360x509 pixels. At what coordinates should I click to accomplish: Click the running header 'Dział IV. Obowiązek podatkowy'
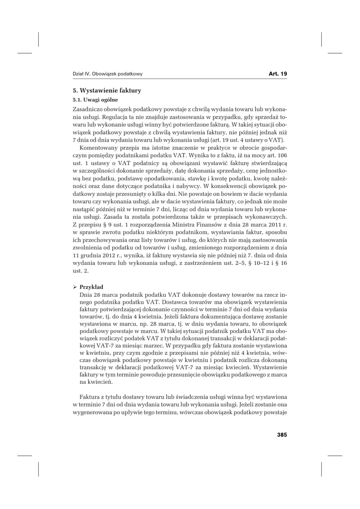[107, 74]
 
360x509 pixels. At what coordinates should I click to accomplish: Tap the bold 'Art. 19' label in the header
[278, 74]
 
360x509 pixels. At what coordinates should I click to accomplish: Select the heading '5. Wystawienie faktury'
[107, 90]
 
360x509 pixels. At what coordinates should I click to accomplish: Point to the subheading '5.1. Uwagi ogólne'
[95, 100]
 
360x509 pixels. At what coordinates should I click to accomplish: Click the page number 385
[281, 434]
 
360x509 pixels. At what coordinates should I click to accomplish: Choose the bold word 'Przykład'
[91, 287]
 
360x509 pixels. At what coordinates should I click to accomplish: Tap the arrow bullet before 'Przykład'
[75, 287]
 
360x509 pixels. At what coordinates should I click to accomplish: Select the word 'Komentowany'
[99, 148]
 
